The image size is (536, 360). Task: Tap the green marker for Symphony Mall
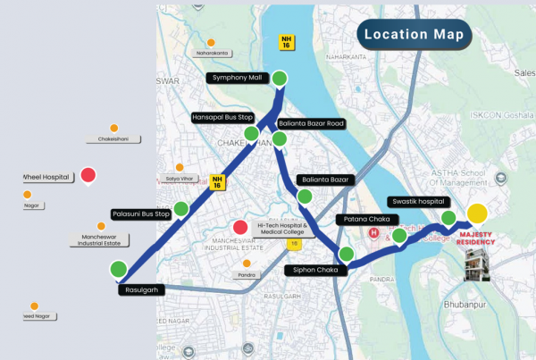pyautogui.click(x=280, y=78)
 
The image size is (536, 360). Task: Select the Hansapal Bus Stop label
pyautogui.click(x=223, y=116)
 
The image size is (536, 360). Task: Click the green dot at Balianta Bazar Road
pyautogui.click(x=280, y=138)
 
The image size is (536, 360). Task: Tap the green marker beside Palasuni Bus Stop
pyautogui.click(x=180, y=209)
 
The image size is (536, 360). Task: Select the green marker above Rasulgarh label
pyautogui.click(x=118, y=269)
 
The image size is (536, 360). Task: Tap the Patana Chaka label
pyautogui.click(x=362, y=219)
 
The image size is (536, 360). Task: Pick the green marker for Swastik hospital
pyautogui.click(x=448, y=219)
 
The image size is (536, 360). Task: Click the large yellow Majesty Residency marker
pyautogui.click(x=477, y=213)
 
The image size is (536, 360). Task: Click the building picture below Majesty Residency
pyautogui.click(x=476, y=265)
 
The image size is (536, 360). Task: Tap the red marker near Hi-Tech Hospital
pyautogui.click(x=239, y=228)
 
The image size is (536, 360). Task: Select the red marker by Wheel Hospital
pyautogui.click(x=88, y=175)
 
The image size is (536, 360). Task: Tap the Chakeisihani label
pyautogui.click(x=113, y=139)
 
